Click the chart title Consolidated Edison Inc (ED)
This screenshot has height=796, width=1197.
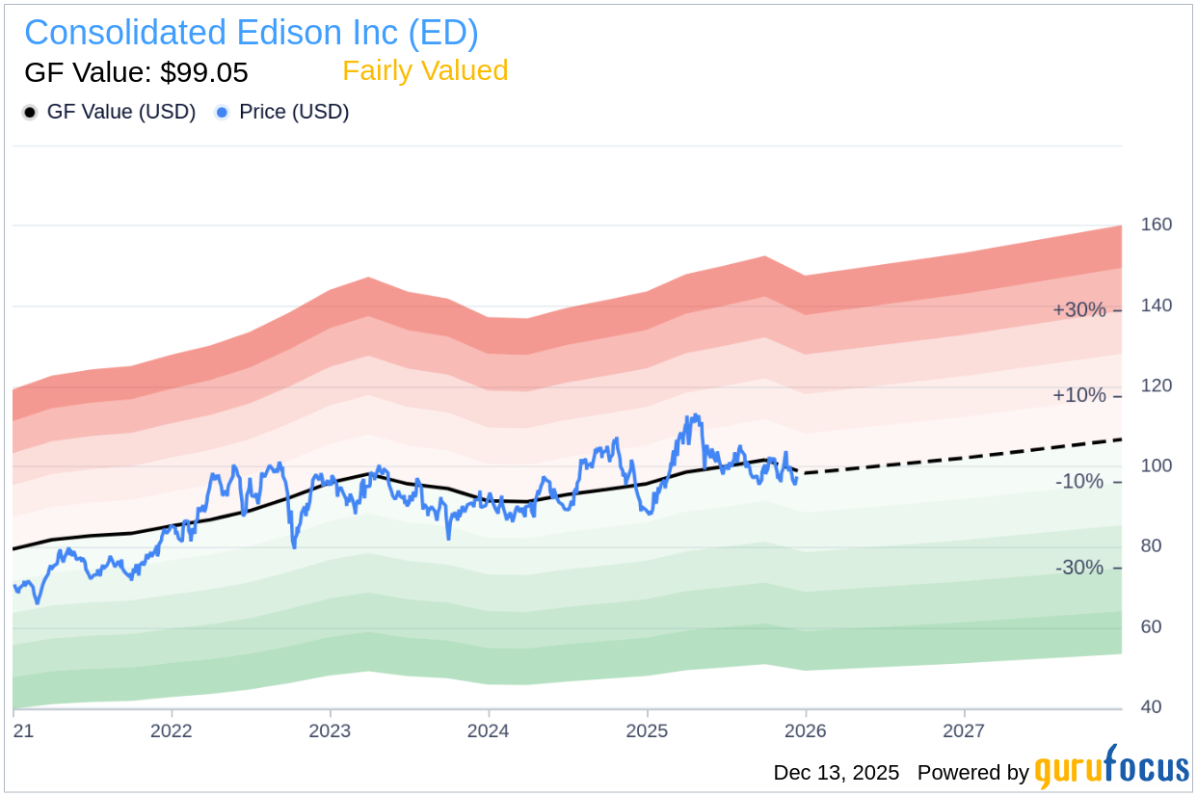pyautogui.click(x=251, y=33)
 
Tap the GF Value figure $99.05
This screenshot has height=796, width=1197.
pyautogui.click(x=136, y=72)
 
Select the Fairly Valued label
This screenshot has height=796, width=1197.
pyautogui.click(x=425, y=71)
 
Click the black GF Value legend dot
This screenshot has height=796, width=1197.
pyautogui.click(x=30, y=113)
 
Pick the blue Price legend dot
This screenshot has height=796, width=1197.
pyautogui.click(x=223, y=113)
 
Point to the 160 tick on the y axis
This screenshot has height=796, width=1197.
pyautogui.click(x=1157, y=225)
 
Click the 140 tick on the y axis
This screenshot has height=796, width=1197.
pyautogui.click(x=1157, y=305)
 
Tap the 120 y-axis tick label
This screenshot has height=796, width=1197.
pyautogui.click(x=1157, y=385)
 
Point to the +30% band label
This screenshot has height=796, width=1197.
pyautogui.click(x=1078, y=310)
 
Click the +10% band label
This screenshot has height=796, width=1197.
pyautogui.click(x=1078, y=396)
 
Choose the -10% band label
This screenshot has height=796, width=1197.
pyautogui.click(x=1079, y=482)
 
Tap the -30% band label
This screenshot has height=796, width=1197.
pyautogui.click(x=1079, y=568)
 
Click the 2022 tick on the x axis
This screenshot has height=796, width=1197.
pyautogui.click(x=172, y=730)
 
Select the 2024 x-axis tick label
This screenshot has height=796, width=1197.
pyautogui.click(x=489, y=730)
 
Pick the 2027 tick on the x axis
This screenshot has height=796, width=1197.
pyautogui.click(x=964, y=730)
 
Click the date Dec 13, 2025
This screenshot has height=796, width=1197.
pyautogui.click(x=836, y=773)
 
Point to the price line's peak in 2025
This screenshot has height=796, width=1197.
pyautogui.click(x=694, y=415)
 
